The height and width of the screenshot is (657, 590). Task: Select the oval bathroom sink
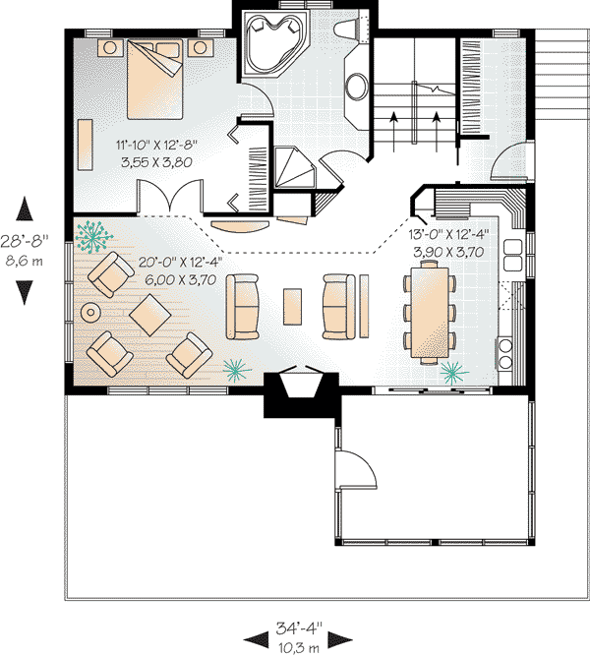click(x=357, y=87)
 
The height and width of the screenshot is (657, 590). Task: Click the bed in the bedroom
click(x=154, y=79)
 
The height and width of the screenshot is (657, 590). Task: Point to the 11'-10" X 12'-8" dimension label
click(x=156, y=146)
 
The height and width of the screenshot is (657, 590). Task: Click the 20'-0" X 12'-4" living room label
click(x=180, y=263)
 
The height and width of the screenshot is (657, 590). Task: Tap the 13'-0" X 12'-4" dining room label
click(x=448, y=234)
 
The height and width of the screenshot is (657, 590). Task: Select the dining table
click(x=430, y=313)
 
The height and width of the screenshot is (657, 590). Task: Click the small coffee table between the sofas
click(x=292, y=306)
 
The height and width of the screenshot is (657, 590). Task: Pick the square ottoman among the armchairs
click(x=150, y=315)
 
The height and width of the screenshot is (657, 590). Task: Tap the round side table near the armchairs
click(x=90, y=312)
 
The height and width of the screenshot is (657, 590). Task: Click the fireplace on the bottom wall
click(x=302, y=391)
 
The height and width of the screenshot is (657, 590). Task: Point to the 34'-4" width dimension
click(x=298, y=628)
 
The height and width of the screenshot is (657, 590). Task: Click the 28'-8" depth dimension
click(x=25, y=241)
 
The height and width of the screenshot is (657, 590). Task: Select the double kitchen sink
click(x=512, y=255)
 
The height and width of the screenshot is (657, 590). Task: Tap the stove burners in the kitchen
click(x=505, y=352)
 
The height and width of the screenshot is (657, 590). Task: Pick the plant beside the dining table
click(x=453, y=373)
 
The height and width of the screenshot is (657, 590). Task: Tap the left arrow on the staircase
click(x=393, y=132)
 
